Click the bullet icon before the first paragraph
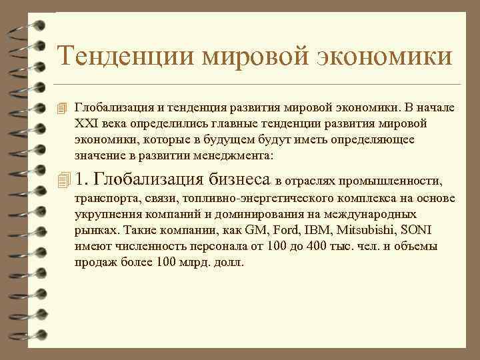pos(64,107)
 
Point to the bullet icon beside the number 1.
pos(64,179)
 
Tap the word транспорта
pos(103,199)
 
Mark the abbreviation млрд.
pos(195,263)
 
